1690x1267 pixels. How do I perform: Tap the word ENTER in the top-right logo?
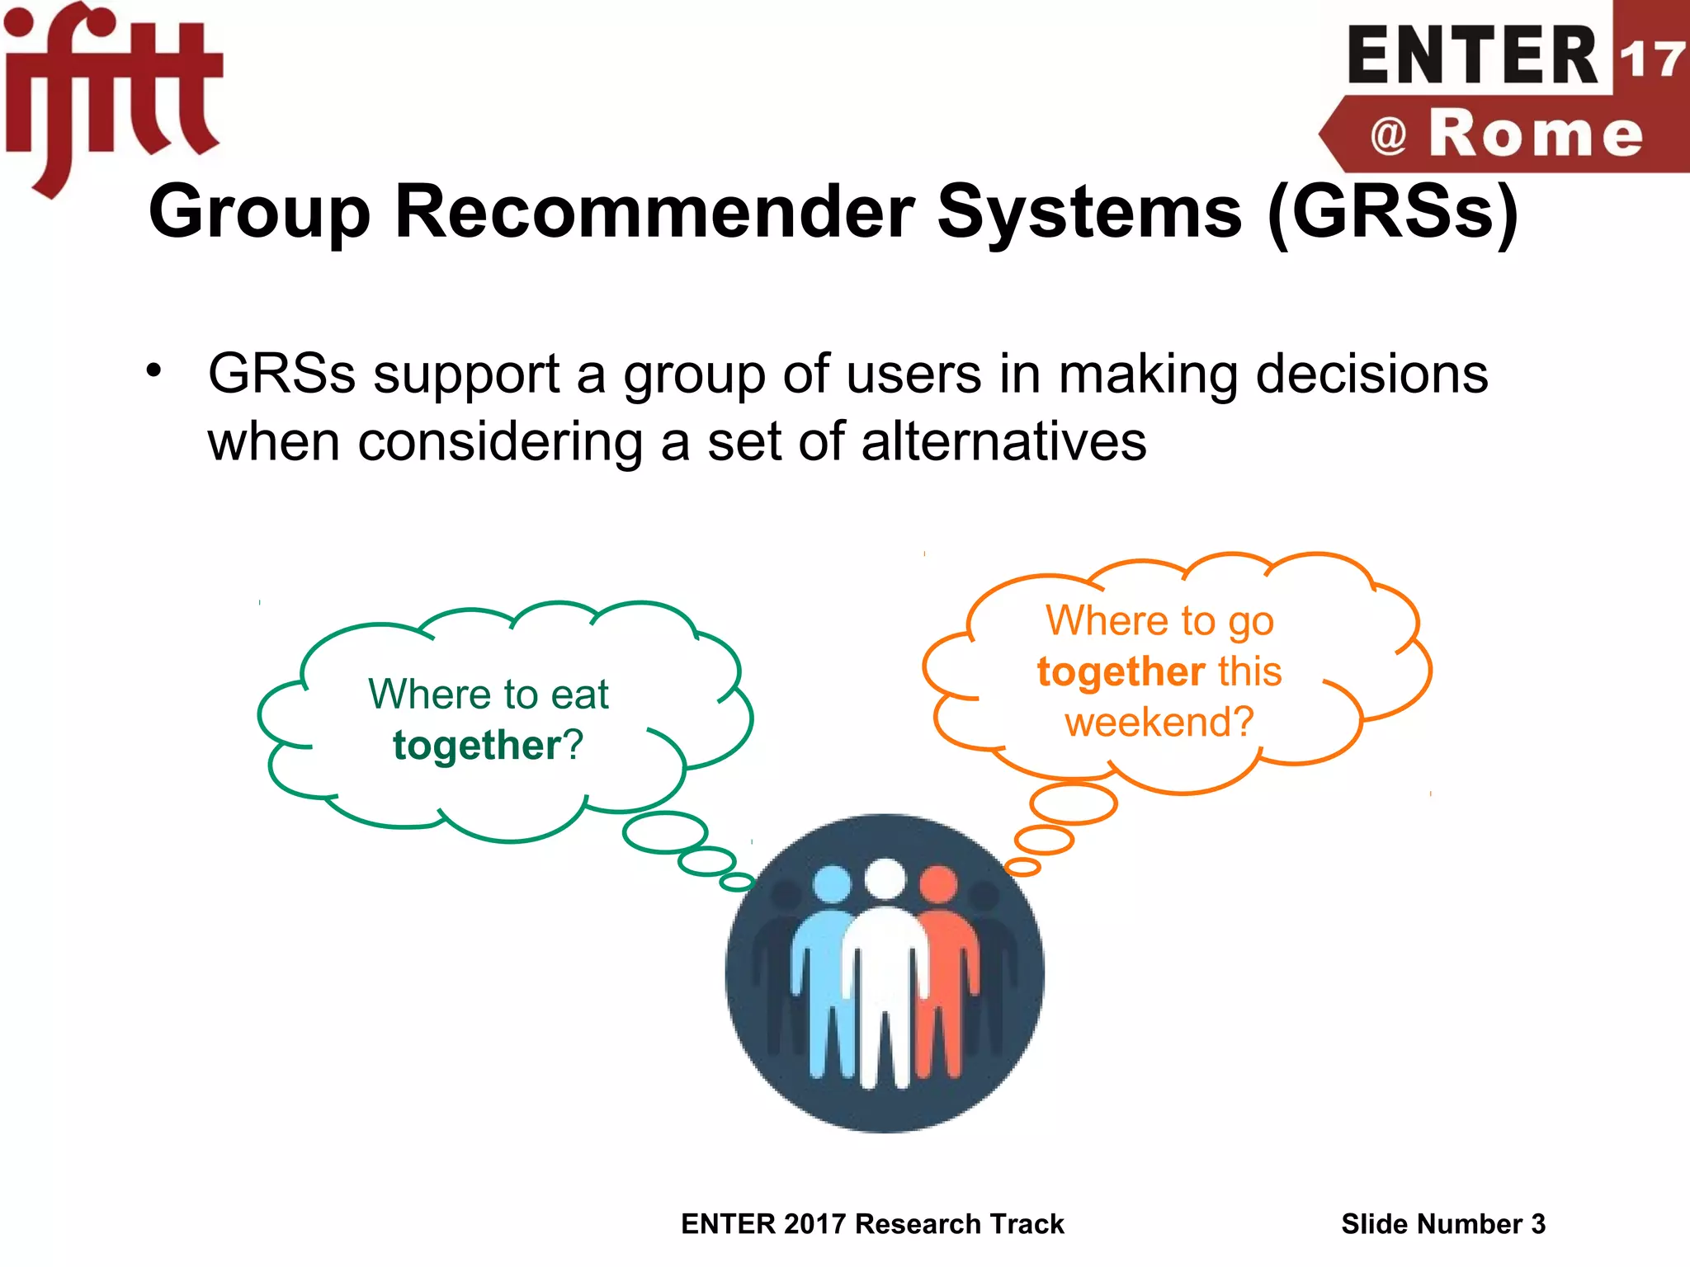point(1473,56)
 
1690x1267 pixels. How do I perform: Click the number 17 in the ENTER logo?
point(1650,59)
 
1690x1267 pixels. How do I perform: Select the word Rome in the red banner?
point(1535,134)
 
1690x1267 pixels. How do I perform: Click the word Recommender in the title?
point(654,211)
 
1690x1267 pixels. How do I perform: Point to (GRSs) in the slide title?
point(1392,213)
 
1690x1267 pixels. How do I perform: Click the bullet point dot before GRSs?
point(153,371)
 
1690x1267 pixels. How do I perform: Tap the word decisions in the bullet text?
point(1371,374)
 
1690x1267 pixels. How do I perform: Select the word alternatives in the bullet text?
point(1003,441)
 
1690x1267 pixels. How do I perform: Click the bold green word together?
point(477,746)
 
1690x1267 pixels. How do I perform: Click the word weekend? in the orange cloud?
point(1159,722)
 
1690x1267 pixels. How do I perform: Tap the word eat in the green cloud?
point(579,695)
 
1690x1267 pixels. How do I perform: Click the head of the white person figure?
point(885,878)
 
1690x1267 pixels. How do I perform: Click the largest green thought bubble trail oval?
point(665,831)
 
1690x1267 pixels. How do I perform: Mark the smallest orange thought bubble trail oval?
point(1022,867)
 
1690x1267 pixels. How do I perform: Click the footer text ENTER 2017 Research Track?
point(872,1224)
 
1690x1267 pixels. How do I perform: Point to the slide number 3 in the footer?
point(1537,1224)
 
